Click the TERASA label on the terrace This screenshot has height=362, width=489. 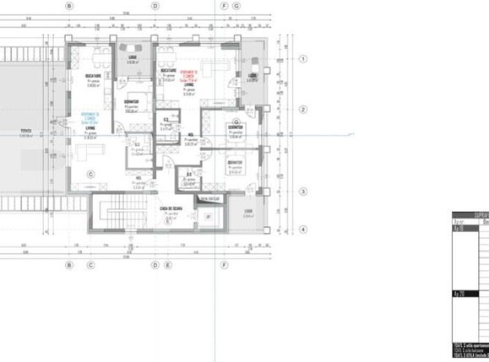[26, 131]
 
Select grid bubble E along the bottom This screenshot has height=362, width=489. [169, 264]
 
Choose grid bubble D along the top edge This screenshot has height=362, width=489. [155, 6]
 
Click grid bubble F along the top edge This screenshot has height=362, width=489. [224, 6]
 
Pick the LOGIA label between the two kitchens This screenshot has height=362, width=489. [132, 57]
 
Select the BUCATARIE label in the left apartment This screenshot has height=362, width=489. [94, 76]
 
